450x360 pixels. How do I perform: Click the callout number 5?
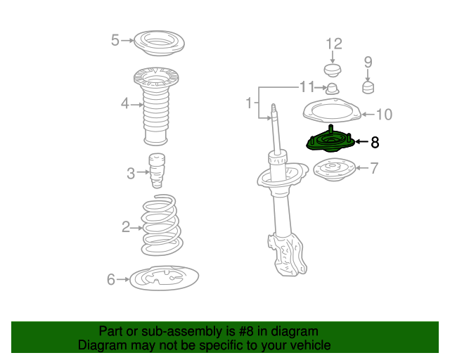tap(115, 40)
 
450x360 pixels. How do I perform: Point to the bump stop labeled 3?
tap(157, 171)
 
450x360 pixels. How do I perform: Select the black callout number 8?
tap(375, 142)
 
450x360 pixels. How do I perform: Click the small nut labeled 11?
tap(333, 89)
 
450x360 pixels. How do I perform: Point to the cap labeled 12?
tap(333, 70)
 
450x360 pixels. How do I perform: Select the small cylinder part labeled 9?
tap(368, 88)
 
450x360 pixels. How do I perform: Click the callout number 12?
tap(334, 44)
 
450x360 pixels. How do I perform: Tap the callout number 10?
tap(384, 115)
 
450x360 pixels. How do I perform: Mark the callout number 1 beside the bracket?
tap(249, 103)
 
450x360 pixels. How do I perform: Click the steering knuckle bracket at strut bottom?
tap(288, 254)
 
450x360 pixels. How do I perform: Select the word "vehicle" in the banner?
tap(311, 345)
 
